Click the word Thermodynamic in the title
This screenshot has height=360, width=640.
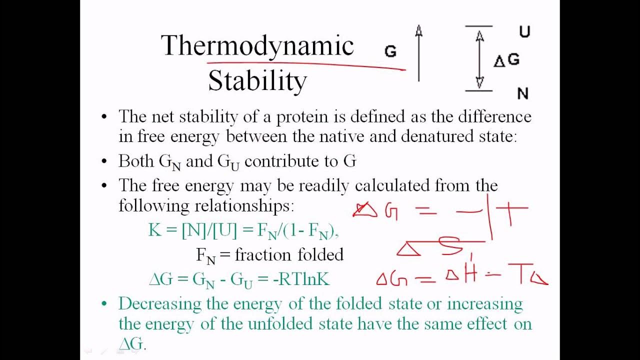coord(257,46)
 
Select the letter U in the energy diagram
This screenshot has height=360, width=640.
coord(524,32)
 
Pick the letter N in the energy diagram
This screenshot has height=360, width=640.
coord(522,93)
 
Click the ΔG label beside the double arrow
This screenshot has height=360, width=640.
coord(507,60)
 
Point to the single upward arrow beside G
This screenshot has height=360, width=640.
coord(419,53)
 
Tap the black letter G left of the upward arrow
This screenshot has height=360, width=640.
coord(390,51)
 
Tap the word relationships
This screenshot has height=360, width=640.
coord(241,205)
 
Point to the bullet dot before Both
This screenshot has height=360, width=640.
coord(104,161)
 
